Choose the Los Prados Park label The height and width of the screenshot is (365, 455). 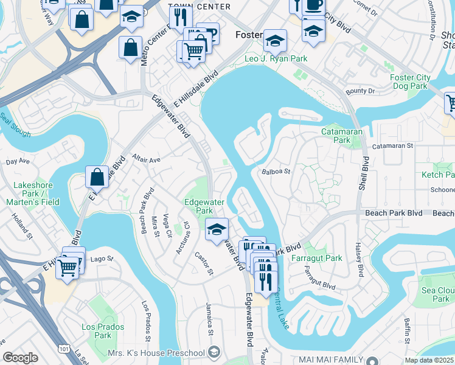[97, 331]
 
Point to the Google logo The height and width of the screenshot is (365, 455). [20, 358]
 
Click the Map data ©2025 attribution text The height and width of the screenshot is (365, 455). [429, 360]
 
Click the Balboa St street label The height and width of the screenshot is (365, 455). [276, 172]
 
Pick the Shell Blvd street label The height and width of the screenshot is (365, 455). [364, 174]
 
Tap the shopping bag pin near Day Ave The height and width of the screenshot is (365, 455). [97, 177]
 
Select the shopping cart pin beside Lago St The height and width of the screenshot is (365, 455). [68, 266]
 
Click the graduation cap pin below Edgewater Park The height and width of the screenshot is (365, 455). [217, 230]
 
